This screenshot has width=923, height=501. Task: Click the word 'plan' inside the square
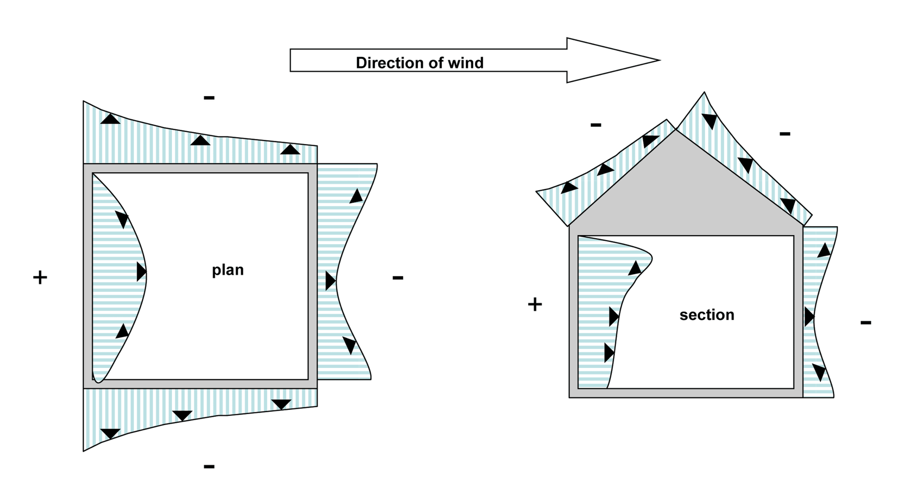click(x=227, y=270)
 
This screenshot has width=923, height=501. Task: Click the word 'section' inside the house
click(x=707, y=315)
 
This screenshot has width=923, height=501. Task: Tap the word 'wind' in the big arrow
click(x=465, y=63)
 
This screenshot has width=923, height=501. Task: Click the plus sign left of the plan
click(x=40, y=278)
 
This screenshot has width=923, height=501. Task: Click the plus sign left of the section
click(x=535, y=305)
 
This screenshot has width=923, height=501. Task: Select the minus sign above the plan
click(x=209, y=98)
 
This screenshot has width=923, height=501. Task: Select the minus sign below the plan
click(x=209, y=466)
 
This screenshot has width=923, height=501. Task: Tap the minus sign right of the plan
click(x=398, y=278)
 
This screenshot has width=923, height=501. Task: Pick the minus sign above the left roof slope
click(x=596, y=125)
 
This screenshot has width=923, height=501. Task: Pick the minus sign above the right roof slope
click(x=785, y=134)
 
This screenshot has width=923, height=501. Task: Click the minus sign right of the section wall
click(x=866, y=323)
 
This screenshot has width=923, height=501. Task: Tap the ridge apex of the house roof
click(x=676, y=131)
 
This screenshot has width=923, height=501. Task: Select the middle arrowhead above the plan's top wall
click(x=200, y=140)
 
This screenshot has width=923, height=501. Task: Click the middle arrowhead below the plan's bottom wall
click(x=182, y=415)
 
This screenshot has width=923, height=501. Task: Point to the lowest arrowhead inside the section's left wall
click(x=608, y=353)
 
